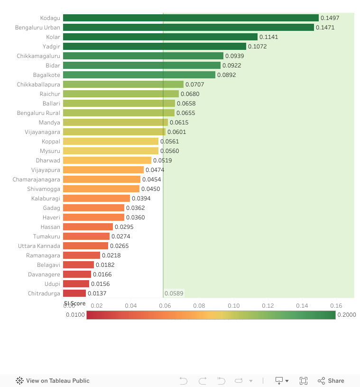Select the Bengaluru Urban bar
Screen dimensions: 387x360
(x=188, y=28)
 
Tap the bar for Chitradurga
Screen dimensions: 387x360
(x=74, y=293)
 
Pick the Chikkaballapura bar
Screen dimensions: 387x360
(x=123, y=85)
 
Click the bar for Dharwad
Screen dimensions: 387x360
(x=107, y=160)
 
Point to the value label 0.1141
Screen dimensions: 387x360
(x=268, y=37)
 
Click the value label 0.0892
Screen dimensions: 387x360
(x=226, y=75)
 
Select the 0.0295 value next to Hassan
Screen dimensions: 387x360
(x=124, y=227)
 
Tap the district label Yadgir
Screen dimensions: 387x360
(x=51, y=47)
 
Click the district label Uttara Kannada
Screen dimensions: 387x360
(x=39, y=246)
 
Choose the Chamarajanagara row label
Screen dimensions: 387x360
(x=37, y=179)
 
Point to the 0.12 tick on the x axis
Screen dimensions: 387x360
(x=268, y=306)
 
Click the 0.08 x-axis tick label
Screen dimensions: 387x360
(x=199, y=306)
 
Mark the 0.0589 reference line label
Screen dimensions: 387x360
(x=174, y=293)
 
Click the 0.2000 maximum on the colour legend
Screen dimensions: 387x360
(x=346, y=315)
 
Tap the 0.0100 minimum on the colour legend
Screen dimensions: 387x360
(x=75, y=315)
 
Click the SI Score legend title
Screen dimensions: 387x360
(x=75, y=303)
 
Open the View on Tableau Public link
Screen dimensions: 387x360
(x=53, y=380)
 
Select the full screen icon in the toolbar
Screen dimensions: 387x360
(x=304, y=380)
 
